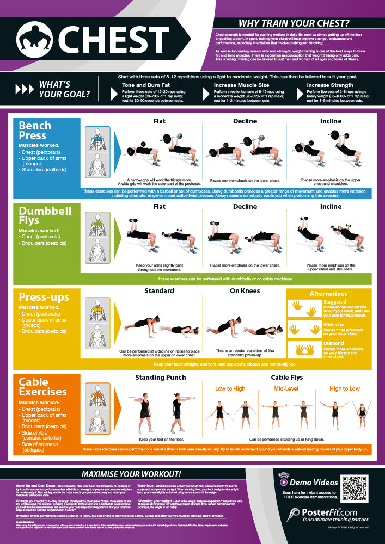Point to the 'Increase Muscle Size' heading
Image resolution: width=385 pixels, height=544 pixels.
point(241,85)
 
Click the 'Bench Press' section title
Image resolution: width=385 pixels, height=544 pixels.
point(35,130)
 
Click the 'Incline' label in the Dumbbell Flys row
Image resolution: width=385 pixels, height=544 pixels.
point(331,207)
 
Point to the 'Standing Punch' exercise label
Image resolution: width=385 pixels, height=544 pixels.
point(160,377)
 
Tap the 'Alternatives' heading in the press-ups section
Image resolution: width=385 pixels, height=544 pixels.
point(328,294)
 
